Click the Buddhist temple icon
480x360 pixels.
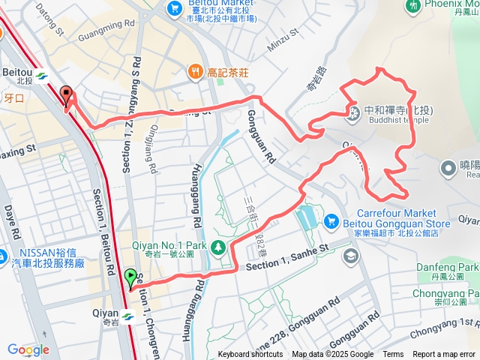[352, 113]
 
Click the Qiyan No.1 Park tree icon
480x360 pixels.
[217, 246]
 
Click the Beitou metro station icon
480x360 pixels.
[40, 75]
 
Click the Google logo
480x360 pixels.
[28, 349]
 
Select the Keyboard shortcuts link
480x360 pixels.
[250, 355]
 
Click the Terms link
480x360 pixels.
[393, 355]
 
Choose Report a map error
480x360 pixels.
[445, 355]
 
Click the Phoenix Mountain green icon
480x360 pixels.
[412, 7]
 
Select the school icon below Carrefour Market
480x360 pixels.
[350, 256]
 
